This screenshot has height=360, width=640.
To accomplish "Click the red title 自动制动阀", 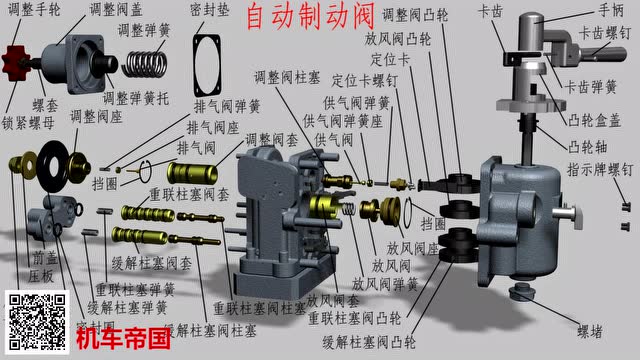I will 309,18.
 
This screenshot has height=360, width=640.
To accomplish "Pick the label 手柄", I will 611,9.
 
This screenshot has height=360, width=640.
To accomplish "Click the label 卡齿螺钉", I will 606,32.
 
